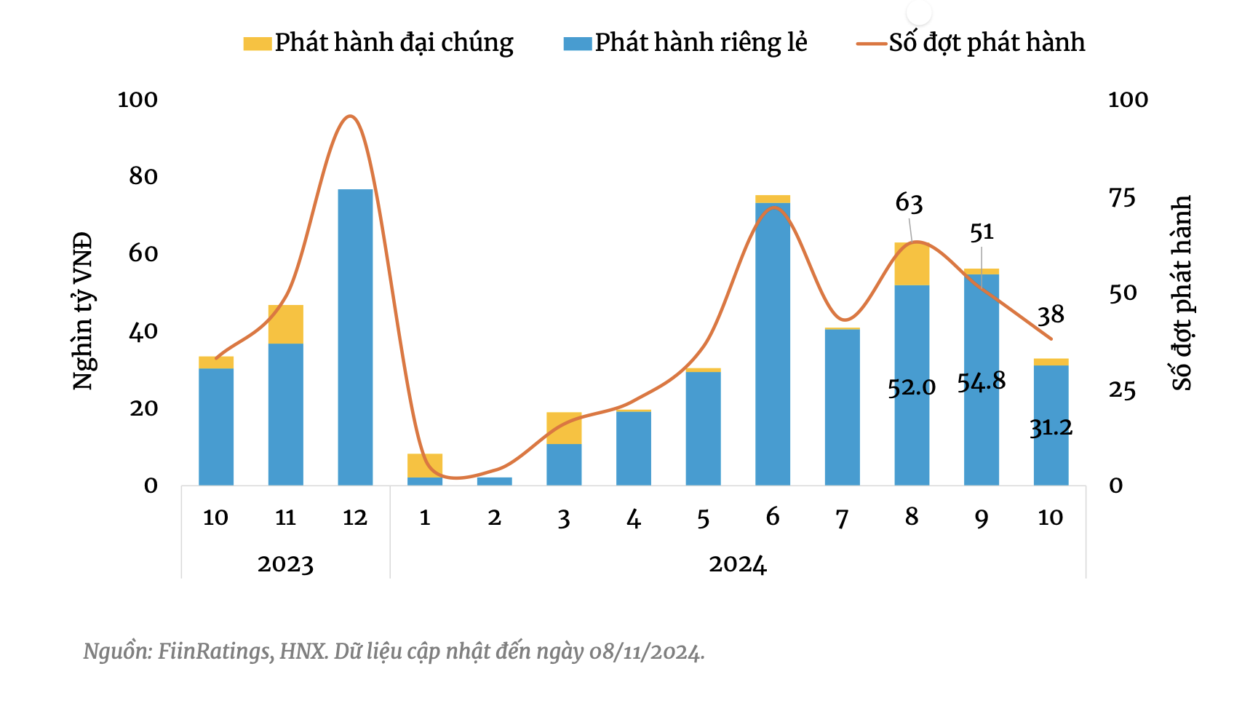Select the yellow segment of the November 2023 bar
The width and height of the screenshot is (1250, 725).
pyautogui.click(x=285, y=324)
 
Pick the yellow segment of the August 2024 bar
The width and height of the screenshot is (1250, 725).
pyautogui.click(x=912, y=264)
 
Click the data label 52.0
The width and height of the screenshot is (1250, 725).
pyautogui.click(x=912, y=387)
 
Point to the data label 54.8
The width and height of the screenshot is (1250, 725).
pyautogui.click(x=982, y=381)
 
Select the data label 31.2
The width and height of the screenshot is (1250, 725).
pyautogui.click(x=1051, y=427)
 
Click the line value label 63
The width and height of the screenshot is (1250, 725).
pyautogui.click(x=909, y=203)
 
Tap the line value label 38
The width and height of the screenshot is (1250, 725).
pyautogui.click(x=1051, y=315)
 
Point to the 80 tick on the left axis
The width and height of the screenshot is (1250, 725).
pyautogui.click(x=143, y=176)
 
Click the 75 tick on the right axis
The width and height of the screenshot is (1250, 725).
pyautogui.click(x=1121, y=197)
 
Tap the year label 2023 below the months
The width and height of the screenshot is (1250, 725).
pyautogui.click(x=285, y=564)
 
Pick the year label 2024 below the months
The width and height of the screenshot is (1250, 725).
pyautogui.click(x=738, y=564)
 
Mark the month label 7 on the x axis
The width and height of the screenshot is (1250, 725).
pyautogui.click(x=842, y=518)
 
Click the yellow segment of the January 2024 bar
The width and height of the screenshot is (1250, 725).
pyautogui.click(x=425, y=465)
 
